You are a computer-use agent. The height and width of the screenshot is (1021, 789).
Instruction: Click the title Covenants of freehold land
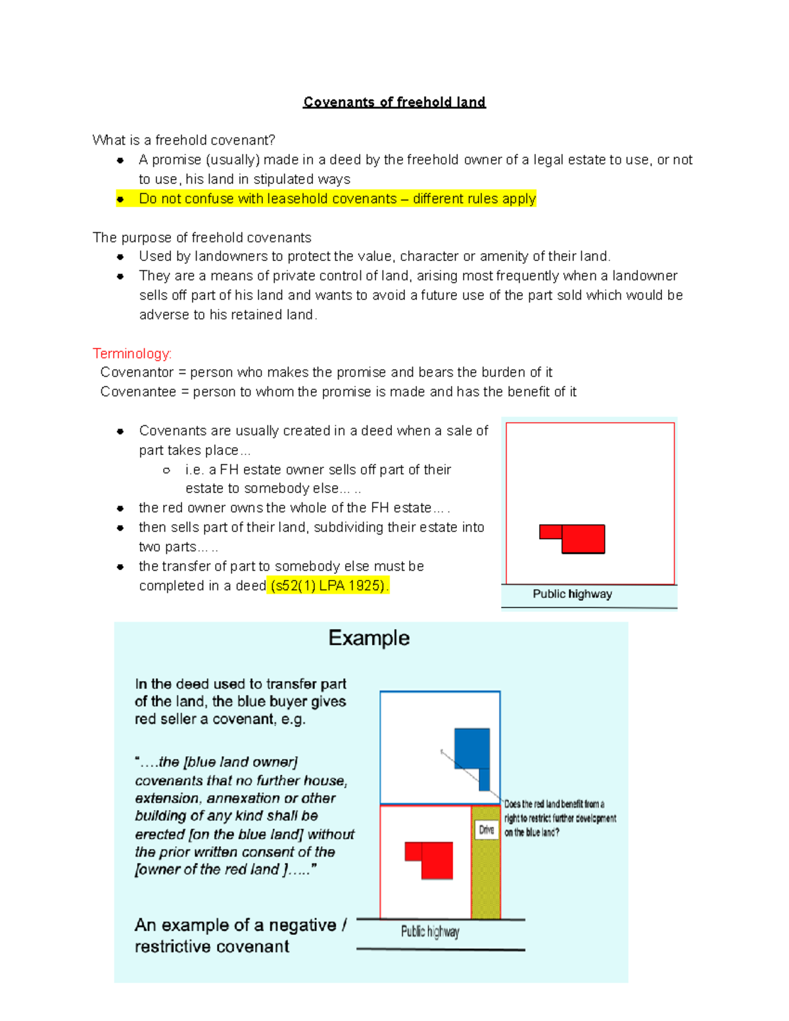394,102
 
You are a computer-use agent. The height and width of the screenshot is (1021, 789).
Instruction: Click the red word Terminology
131,354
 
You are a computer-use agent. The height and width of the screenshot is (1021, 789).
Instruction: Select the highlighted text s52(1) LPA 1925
328,585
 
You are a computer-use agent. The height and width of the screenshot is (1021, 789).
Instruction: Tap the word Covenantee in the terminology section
138,392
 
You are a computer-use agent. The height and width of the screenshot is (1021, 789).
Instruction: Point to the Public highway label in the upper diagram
572,594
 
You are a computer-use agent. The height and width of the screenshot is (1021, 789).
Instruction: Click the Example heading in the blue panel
369,638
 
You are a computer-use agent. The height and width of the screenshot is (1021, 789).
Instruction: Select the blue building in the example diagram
473,749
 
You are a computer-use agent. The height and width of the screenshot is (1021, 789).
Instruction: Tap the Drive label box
486,830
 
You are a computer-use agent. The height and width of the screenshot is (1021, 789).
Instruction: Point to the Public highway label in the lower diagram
430,932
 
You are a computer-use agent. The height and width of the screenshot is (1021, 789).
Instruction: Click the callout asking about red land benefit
560,818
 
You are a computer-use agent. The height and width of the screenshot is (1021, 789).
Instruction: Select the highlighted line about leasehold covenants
337,199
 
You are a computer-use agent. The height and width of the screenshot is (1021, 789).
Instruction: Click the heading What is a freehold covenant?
183,140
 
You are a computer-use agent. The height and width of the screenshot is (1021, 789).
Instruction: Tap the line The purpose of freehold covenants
202,237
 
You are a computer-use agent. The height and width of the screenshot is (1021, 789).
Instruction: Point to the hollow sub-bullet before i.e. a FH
166,470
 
